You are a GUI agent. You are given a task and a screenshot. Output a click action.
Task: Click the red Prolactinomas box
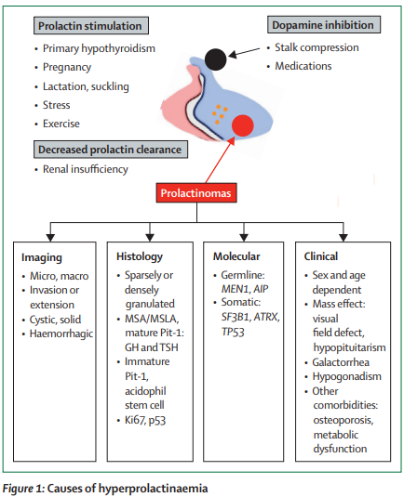coord(196,192)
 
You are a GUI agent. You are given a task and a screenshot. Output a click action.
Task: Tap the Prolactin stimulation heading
coord(91,26)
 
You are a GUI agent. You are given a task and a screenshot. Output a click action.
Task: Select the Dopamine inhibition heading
coord(324,25)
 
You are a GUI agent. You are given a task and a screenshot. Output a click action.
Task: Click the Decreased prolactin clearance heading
coord(111,150)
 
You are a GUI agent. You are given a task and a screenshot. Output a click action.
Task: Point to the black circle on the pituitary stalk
coord(215,59)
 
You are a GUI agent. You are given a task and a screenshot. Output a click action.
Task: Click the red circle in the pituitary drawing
coord(243,125)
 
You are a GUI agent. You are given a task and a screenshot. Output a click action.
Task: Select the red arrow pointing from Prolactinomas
coord(220,160)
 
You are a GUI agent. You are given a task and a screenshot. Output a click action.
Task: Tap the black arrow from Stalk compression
coord(244,53)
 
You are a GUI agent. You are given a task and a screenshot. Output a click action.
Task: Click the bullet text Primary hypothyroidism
coord(99,48)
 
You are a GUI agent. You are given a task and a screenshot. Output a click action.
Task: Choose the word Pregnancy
coord(67,68)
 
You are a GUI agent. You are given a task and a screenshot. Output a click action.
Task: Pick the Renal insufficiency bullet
coord(85,169)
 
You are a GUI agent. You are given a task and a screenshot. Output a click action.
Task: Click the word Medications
coord(303,66)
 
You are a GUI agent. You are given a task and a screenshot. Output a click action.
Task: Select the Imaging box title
coord(42,257)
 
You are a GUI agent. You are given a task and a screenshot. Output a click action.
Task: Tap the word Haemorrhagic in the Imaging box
coord(61,334)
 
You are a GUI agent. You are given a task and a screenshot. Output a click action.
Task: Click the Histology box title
coord(140,256)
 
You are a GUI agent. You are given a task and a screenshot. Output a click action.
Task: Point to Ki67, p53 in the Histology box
coord(145,420)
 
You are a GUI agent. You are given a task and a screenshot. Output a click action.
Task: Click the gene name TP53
coord(233,332)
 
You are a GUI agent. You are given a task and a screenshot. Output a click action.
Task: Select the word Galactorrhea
coord(341,362)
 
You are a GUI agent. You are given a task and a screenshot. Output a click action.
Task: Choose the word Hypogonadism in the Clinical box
coord(346,376)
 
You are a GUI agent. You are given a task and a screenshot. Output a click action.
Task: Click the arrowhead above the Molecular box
coord(244,238)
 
